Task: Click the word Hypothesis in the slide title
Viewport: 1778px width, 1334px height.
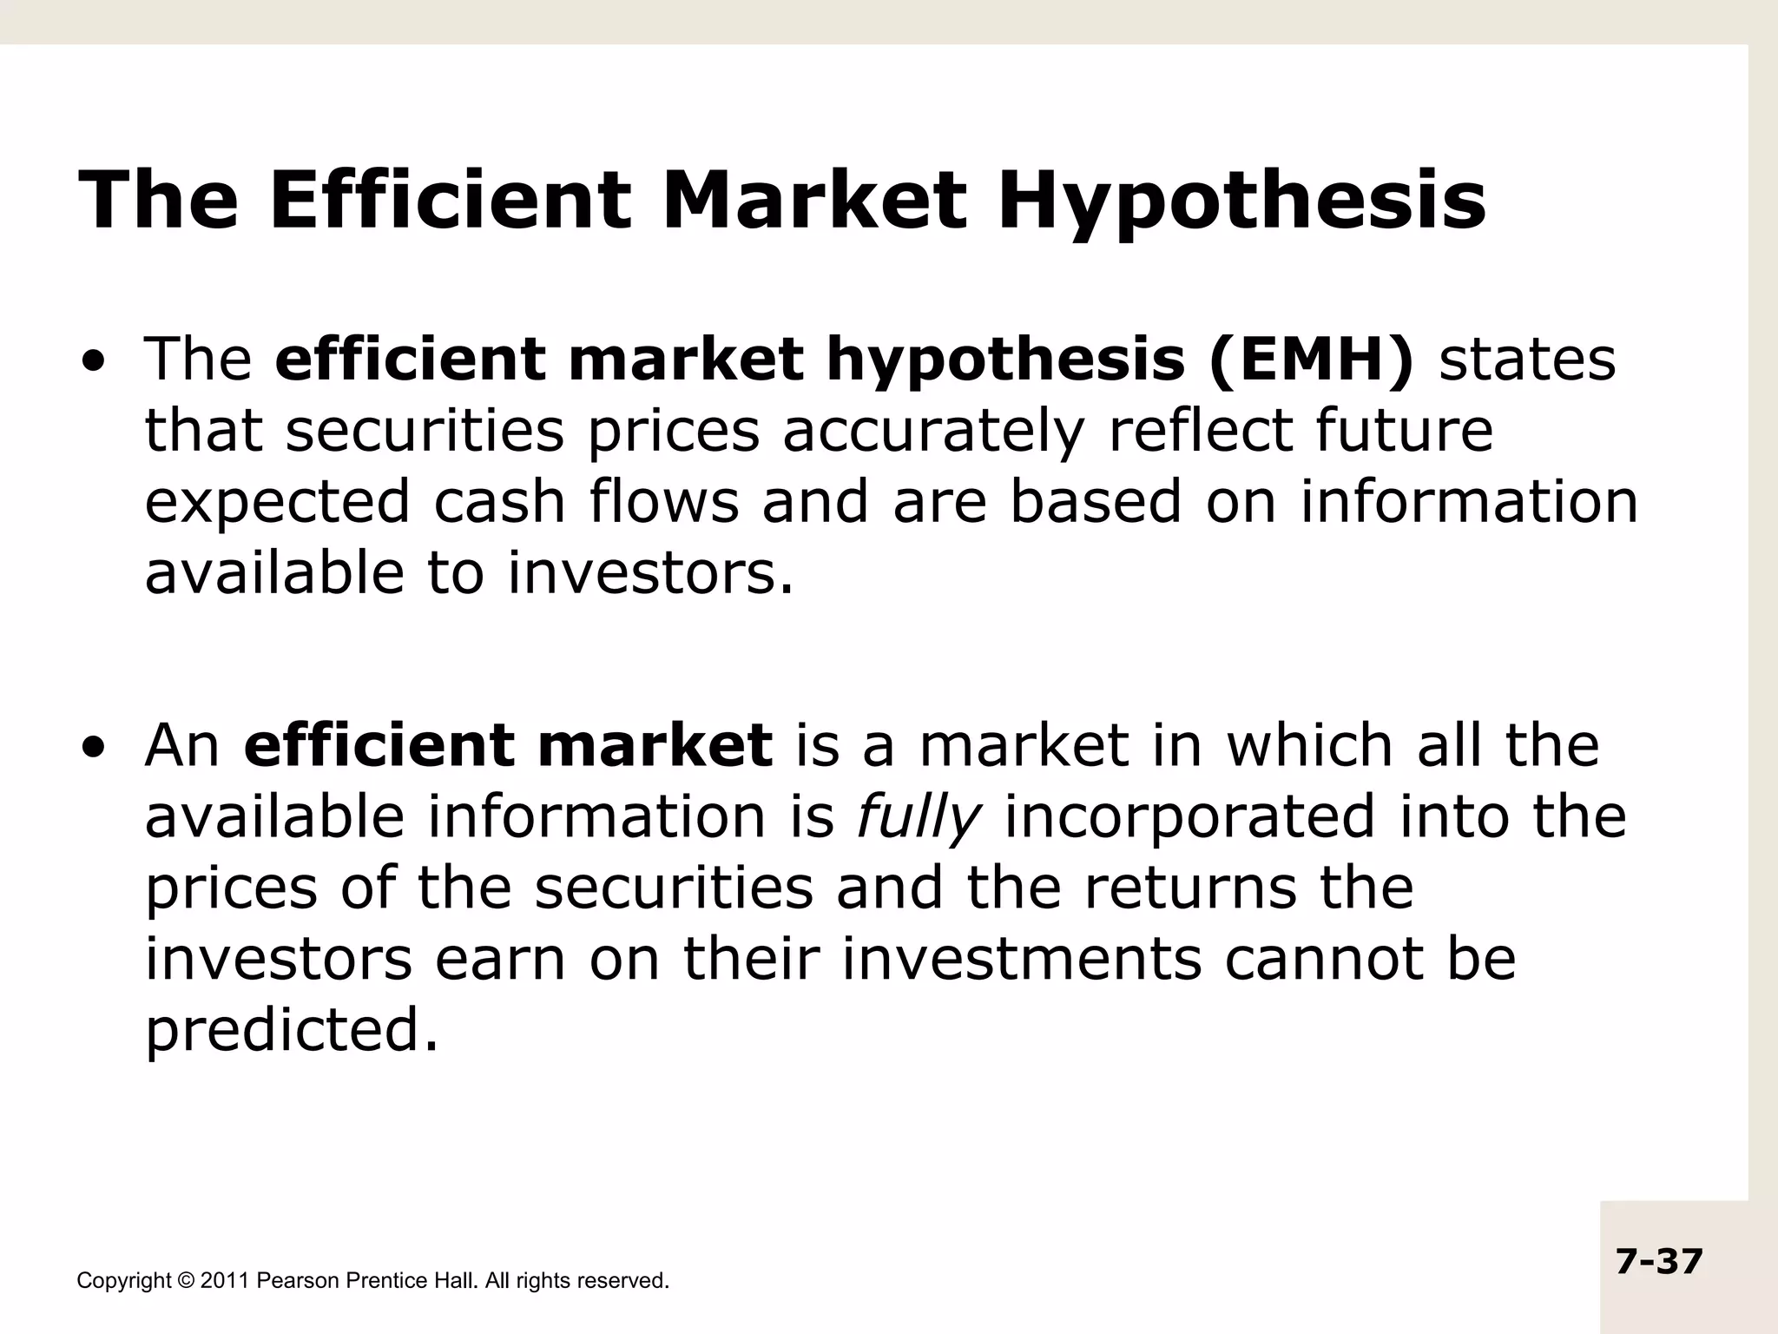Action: coord(1241,201)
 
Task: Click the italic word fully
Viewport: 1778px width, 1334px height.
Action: coord(919,819)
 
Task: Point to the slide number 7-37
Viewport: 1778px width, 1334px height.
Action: coord(1659,1261)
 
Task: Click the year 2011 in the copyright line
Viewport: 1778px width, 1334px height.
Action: coord(224,1281)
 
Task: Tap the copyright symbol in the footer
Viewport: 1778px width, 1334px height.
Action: coord(186,1281)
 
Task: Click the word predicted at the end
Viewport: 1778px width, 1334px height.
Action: coord(292,1031)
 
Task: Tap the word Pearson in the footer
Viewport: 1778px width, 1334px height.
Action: coord(298,1281)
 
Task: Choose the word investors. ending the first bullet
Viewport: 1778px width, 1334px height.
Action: coord(650,574)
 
